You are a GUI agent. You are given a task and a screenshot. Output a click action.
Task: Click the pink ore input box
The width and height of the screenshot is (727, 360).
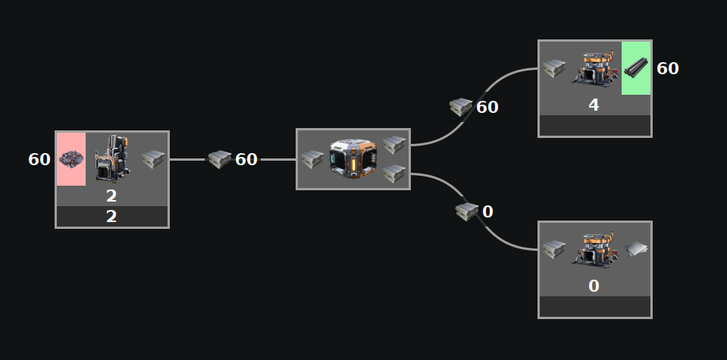[x=71, y=159]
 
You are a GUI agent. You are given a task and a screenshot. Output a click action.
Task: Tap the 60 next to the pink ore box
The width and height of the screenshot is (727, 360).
[x=39, y=160]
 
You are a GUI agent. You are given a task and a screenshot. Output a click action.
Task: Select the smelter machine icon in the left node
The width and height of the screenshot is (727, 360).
[x=112, y=158]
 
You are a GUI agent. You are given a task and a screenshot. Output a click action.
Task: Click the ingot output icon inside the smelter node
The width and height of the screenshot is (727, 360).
[x=152, y=159]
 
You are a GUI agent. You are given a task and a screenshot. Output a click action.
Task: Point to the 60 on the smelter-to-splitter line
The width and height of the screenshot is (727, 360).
[x=246, y=160]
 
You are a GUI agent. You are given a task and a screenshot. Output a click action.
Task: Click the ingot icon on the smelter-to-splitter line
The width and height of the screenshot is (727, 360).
[x=219, y=159]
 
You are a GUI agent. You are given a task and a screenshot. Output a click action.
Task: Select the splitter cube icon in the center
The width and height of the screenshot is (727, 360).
[x=353, y=159]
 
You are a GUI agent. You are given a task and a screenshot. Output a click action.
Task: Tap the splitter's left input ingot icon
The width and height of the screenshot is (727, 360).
[x=312, y=160]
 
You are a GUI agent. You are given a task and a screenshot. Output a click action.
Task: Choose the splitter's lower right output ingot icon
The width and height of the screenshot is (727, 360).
[x=394, y=174]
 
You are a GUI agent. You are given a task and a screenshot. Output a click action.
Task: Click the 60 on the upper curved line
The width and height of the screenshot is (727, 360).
[x=487, y=108]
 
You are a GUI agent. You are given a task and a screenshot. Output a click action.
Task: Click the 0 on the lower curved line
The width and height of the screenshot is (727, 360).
[x=487, y=211]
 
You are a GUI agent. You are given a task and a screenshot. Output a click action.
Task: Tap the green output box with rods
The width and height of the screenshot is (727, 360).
[x=636, y=68]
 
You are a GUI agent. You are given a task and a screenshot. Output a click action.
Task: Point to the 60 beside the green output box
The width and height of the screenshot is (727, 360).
[x=668, y=69]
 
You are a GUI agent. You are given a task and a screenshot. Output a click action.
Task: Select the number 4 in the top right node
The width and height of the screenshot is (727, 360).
[x=594, y=105]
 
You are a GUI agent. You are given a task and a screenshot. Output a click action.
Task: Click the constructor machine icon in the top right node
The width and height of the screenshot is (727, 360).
[x=594, y=68]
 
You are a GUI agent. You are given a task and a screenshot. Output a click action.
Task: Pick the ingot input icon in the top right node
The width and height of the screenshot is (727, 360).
[x=554, y=69]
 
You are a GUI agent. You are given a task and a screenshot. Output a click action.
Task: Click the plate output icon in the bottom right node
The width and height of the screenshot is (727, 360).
[x=635, y=249]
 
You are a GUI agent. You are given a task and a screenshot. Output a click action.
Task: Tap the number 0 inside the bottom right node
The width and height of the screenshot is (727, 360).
[x=594, y=286]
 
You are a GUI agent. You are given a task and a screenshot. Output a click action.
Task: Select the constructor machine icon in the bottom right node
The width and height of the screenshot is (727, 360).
[x=594, y=249]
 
